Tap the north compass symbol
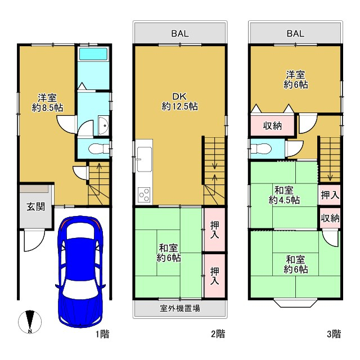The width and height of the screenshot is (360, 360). click(x=30, y=322)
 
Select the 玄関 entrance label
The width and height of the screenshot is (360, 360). click(x=35, y=206)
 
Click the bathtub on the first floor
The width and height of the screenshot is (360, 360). click(x=93, y=54)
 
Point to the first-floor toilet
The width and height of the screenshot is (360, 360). click(x=99, y=148)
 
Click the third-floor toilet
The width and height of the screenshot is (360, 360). click(x=261, y=149)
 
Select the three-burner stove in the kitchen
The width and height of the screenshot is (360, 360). click(x=144, y=195)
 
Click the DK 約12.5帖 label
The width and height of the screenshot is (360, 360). click(x=179, y=101)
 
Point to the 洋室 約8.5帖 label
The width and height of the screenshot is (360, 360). click(x=47, y=102)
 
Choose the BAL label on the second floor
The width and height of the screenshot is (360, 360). click(x=180, y=34)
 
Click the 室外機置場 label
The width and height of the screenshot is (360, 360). click(x=180, y=308)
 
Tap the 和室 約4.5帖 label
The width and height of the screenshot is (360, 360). click(x=284, y=195)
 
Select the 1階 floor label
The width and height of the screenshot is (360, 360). click(x=102, y=334)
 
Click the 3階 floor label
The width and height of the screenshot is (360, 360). click(x=334, y=334)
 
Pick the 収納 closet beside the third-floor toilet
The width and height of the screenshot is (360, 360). click(x=272, y=125)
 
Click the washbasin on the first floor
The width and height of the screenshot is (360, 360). click(x=103, y=125)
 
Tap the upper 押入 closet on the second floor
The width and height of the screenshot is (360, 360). click(x=215, y=229)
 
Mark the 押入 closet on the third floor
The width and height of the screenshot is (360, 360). click(x=330, y=195)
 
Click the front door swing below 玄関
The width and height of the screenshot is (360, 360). click(x=34, y=241)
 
